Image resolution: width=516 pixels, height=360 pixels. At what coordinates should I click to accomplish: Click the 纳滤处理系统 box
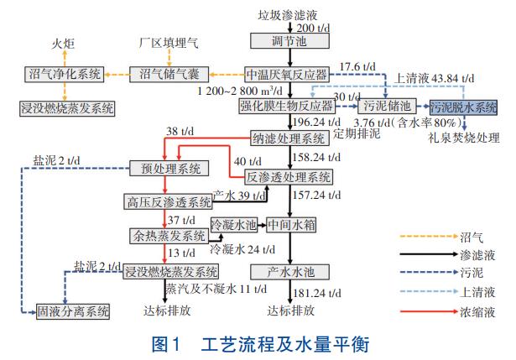pos(290,138)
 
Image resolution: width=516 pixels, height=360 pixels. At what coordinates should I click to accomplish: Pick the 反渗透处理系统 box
pos(289,177)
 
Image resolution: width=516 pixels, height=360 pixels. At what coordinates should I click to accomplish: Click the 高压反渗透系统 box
pos(169,202)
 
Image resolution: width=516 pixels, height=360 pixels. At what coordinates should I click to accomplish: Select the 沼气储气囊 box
pos(169,74)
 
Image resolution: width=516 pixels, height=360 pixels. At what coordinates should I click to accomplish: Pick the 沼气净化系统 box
pos(62,74)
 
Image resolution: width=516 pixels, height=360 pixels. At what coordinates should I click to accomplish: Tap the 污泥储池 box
pos(391,106)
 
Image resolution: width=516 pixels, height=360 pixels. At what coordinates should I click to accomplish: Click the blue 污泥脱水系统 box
pos(464,106)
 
